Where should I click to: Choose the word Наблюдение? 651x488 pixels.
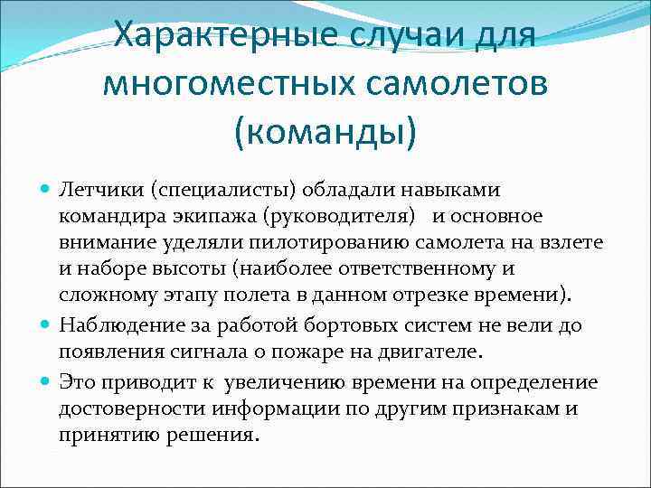[114, 324]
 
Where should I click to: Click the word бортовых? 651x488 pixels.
[332, 324]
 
